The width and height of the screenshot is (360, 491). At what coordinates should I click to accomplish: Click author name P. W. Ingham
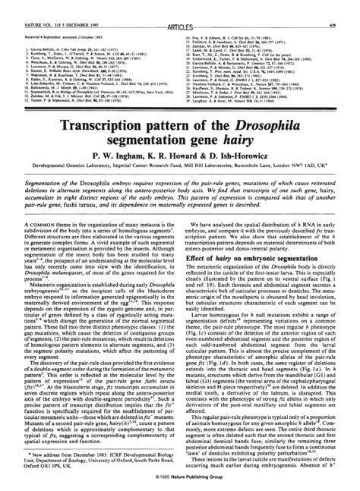tap(121, 156)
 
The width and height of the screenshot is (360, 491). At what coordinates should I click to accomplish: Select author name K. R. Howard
tap(181, 156)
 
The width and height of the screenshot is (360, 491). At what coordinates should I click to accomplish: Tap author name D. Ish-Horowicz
tap(248, 156)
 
